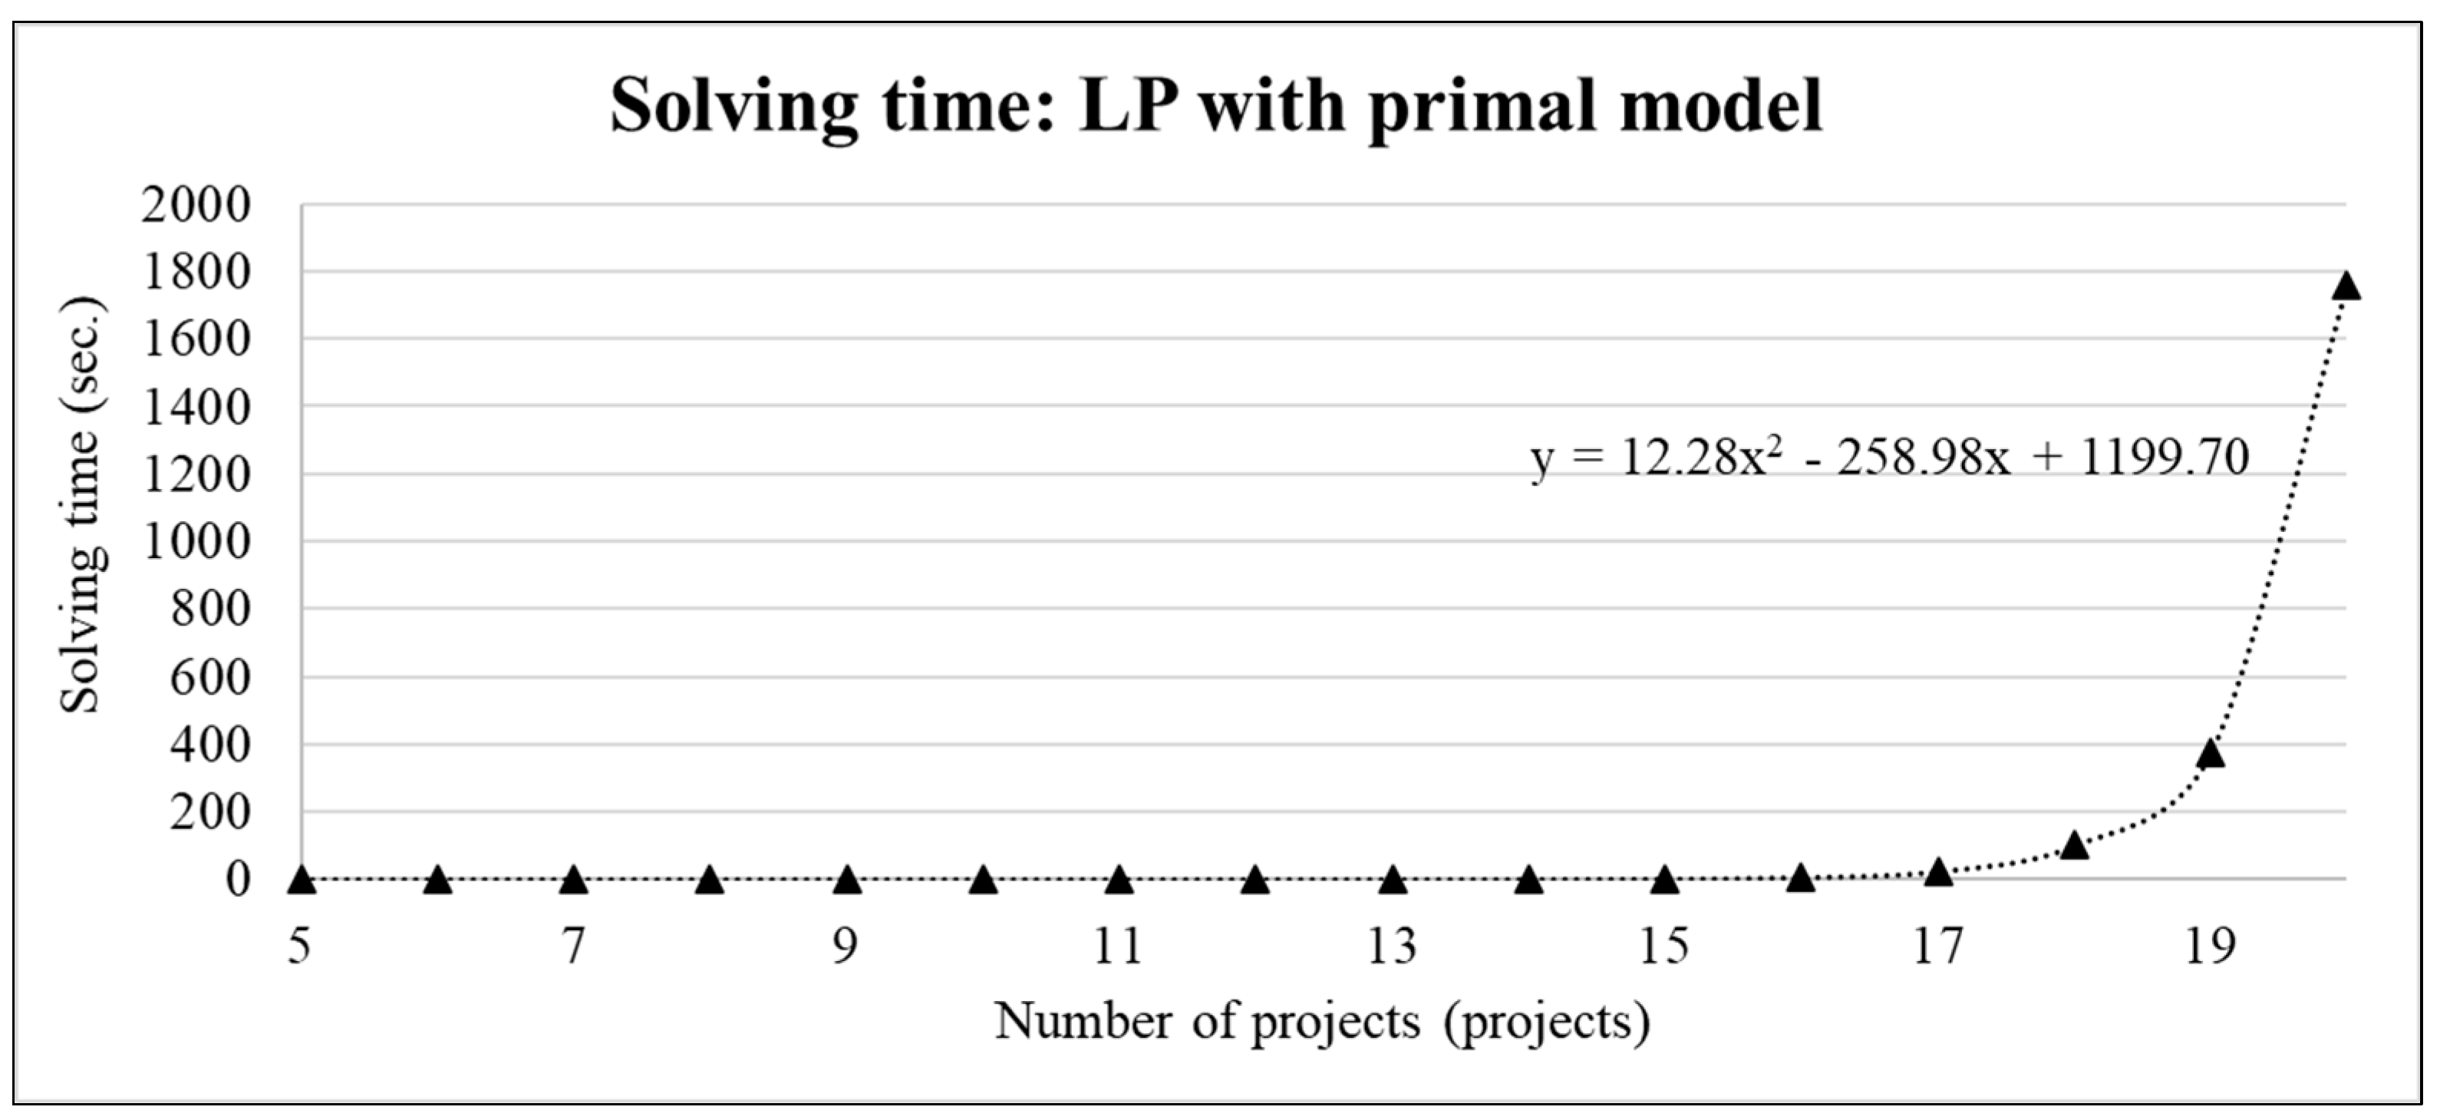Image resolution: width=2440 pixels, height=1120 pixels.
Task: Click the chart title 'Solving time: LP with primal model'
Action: [x=1216, y=106]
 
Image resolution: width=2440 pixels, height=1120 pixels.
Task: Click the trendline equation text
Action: [x=1890, y=458]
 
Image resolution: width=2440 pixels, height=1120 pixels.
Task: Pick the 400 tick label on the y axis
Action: [x=210, y=745]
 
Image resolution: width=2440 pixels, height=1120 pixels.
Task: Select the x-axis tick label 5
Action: [x=300, y=946]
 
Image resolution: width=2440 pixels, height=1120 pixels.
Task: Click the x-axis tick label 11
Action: [x=1119, y=946]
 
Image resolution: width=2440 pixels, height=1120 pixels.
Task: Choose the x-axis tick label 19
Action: [x=2210, y=946]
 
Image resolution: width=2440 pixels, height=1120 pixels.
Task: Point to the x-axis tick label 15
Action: [x=1664, y=946]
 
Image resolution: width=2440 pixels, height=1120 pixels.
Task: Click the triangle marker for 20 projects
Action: [x=2346, y=286]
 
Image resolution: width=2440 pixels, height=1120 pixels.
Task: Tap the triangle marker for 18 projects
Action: [x=2074, y=845]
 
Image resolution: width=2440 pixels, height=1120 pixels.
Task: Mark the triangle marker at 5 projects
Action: [x=302, y=881]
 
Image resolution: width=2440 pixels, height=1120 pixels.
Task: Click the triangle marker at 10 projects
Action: [x=983, y=881]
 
